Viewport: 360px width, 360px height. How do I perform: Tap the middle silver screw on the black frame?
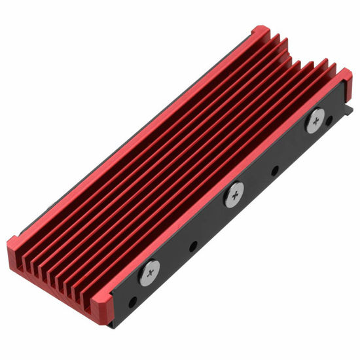[234, 194]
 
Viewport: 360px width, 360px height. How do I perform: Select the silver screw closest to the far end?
[314, 120]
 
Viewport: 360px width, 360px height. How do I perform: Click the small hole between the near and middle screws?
[193, 248]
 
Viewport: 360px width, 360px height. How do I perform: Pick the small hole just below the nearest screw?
[134, 302]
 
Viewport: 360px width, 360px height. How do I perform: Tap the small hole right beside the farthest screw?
[329, 119]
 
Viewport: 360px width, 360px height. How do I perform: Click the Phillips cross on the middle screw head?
[234, 194]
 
